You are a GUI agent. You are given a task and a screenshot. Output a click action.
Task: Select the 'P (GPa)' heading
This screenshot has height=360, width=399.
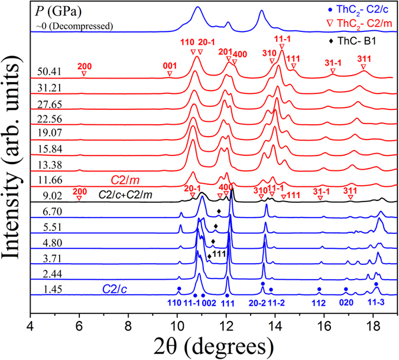(59, 11)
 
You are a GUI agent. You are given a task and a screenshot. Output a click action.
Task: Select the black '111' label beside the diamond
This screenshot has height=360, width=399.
(220, 254)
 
